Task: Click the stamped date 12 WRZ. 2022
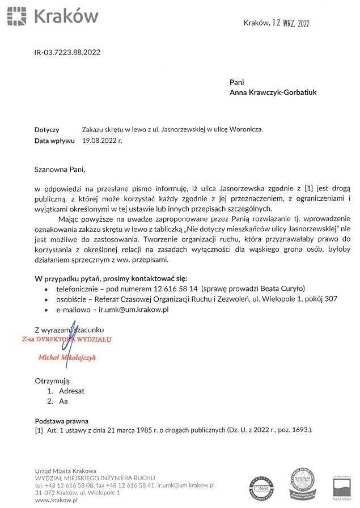(x=293, y=23)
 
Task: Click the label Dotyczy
(x=47, y=130)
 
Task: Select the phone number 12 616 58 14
(x=169, y=289)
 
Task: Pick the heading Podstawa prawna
(x=62, y=421)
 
